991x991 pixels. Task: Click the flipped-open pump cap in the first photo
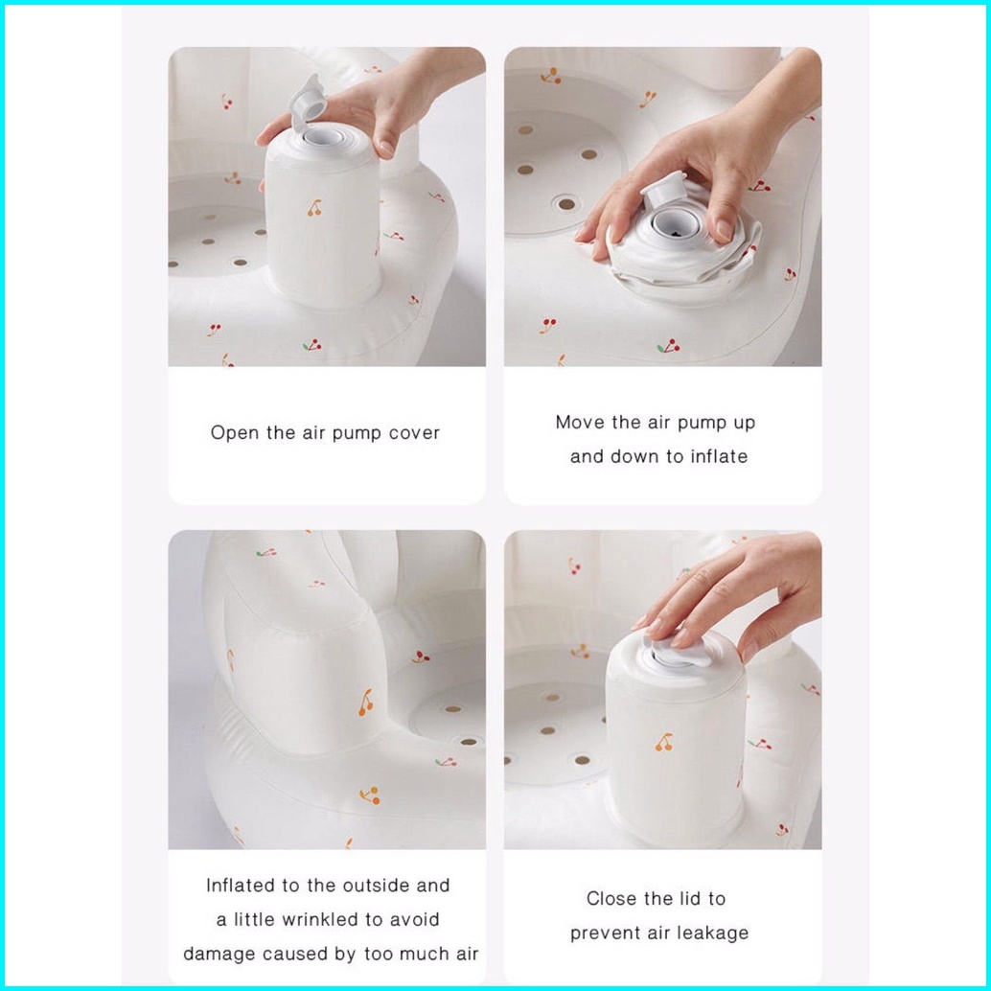[x=306, y=102]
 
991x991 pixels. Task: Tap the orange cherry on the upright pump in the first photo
[x=314, y=207]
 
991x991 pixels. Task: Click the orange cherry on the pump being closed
[x=663, y=742]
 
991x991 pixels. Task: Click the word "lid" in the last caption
[x=671, y=898]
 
